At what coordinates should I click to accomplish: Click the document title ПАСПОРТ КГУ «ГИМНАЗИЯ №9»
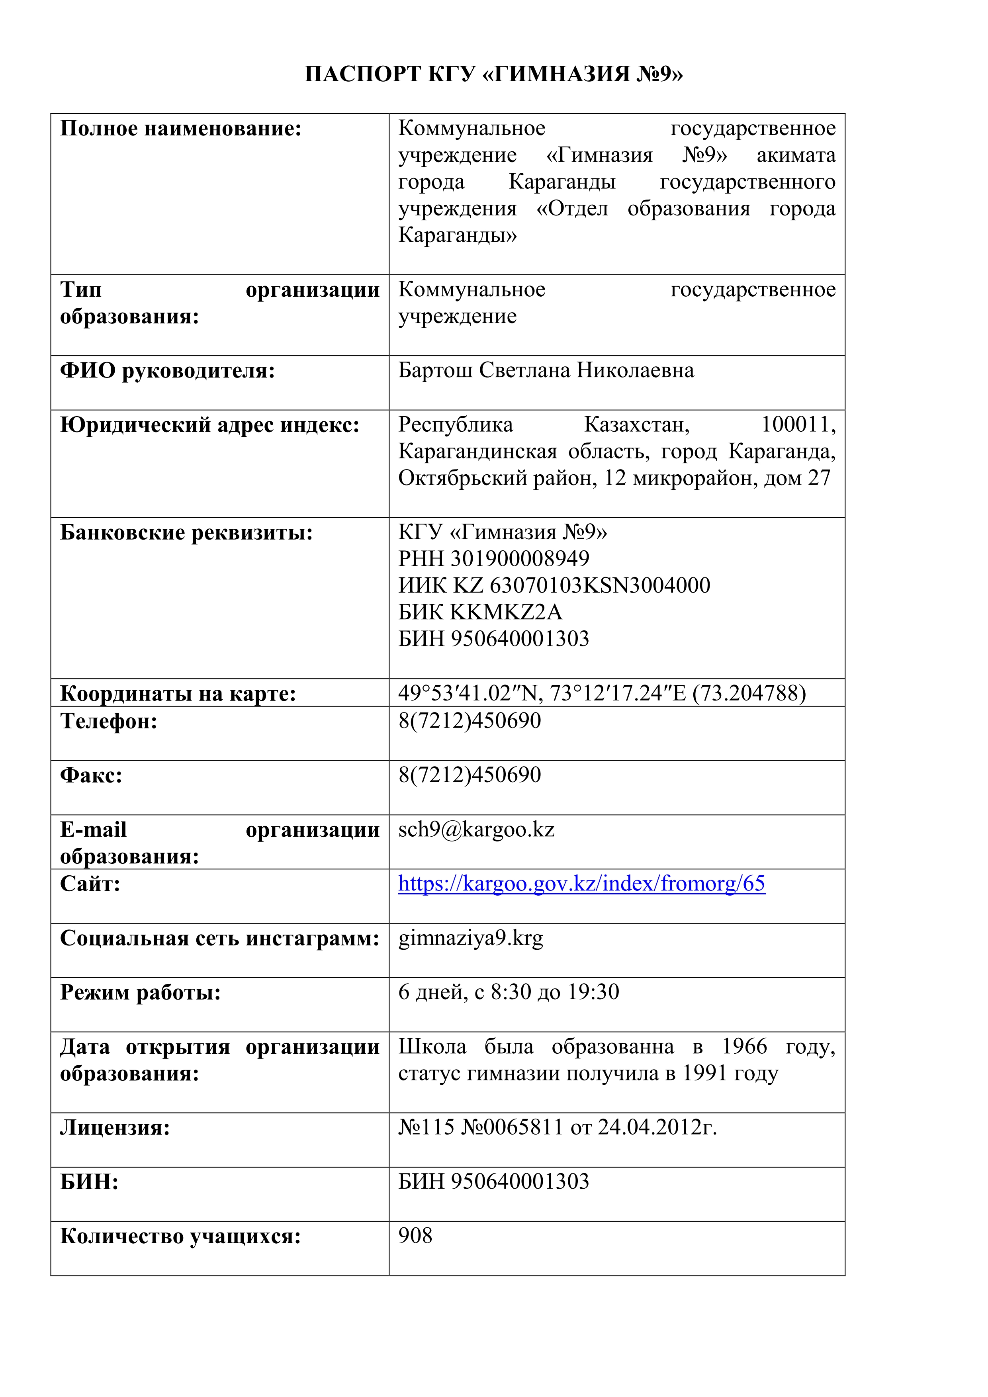click(493, 74)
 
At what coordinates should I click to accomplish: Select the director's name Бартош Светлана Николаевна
click(546, 370)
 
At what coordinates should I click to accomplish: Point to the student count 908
click(415, 1235)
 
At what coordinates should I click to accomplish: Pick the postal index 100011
click(798, 424)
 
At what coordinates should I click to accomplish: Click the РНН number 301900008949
click(520, 559)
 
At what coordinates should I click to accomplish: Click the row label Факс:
click(91, 775)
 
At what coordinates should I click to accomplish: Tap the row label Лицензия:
click(115, 1127)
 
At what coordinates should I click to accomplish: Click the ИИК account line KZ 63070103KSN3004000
click(581, 585)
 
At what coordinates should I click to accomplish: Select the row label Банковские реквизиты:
click(186, 532)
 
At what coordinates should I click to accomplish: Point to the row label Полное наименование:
click(181, 129)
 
